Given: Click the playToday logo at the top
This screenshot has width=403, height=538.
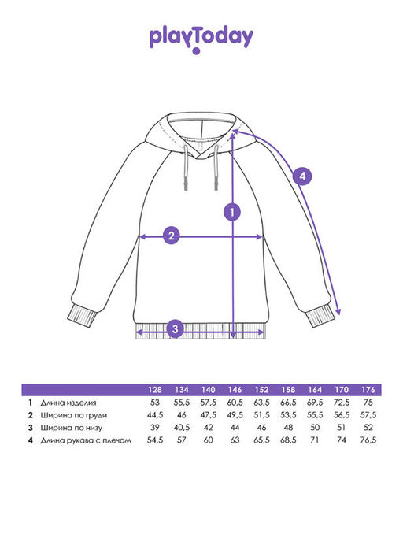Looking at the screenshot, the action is coord(201,39).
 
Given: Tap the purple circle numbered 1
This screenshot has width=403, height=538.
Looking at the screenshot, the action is coord(232,213).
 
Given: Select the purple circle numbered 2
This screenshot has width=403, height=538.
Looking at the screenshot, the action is coord(171,236).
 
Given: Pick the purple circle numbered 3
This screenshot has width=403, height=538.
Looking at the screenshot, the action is coord(176,328).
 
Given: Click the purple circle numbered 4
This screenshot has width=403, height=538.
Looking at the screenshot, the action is coord(302,176).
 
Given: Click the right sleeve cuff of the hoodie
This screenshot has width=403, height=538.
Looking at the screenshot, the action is coord(320,316).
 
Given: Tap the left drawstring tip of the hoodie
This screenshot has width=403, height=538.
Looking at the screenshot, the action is coord(187,186).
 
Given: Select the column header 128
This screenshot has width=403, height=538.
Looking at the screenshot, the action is coord(155,390).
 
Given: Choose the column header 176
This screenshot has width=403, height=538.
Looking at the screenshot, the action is coord(368,390).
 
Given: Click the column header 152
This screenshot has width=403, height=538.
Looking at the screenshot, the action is coord(261,390).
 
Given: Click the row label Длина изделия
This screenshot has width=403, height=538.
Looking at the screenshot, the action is coord(68,403).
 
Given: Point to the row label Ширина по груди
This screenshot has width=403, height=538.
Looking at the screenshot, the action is coord(74,415).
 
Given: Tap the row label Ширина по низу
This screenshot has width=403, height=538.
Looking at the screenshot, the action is coord(72,428).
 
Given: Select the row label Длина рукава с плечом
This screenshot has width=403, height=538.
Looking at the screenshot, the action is coord(86,440).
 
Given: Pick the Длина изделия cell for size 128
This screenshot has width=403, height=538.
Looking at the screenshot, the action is coord(155,403).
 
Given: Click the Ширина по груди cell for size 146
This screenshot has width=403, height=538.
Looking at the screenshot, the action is coord(235,415).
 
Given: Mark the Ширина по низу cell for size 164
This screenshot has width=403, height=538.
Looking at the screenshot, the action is coord(315,428).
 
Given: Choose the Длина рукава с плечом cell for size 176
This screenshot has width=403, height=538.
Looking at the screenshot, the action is coord(368,440).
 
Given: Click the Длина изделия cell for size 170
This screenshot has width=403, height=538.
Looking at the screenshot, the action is coord(342,403).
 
